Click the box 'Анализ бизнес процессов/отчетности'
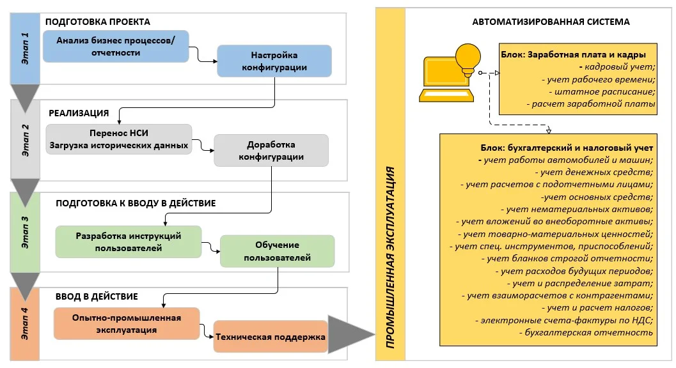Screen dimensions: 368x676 tap(116, 46)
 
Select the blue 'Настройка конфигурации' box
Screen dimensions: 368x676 tap(274, 61)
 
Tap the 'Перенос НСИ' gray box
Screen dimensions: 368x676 tap(119, 140)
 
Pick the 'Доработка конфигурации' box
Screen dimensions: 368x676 tap(271, 150)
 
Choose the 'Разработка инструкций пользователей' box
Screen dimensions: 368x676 tap(129, 241)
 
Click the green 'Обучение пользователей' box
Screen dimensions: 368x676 tap(277, 252)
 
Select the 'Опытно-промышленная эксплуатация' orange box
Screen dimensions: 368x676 tap(127, 323)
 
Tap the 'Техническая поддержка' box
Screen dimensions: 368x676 tap(270, 337)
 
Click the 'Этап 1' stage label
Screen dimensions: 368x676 tap(26, 49)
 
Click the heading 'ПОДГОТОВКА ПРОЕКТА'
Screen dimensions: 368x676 tap(97, 21)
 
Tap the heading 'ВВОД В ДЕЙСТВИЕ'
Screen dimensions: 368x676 tap(97, 296)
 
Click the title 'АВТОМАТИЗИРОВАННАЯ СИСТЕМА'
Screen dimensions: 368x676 tap(551, 22)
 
